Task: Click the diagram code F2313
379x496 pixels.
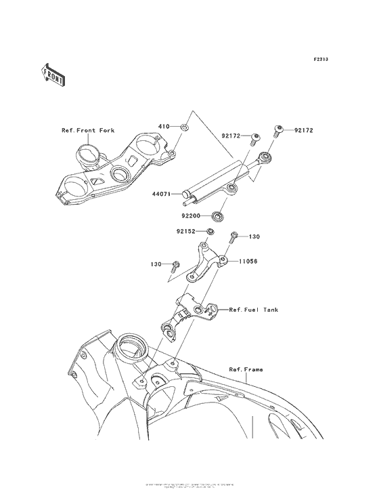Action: (x=320, y=60)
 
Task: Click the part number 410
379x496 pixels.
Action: (x=163, y=127)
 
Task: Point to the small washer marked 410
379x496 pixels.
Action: (x=185, y=127)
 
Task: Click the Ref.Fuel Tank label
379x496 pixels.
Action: (x=254, y=310)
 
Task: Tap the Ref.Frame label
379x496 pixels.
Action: (x=246, y=369)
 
